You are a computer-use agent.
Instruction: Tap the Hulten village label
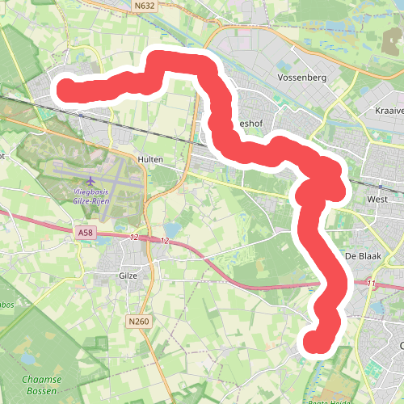tap(150, 160)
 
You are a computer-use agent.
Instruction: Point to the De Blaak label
tap(362, 255)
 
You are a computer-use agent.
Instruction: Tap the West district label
tap(377, 198)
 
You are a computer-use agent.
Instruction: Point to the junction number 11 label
tap(370, 284)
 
